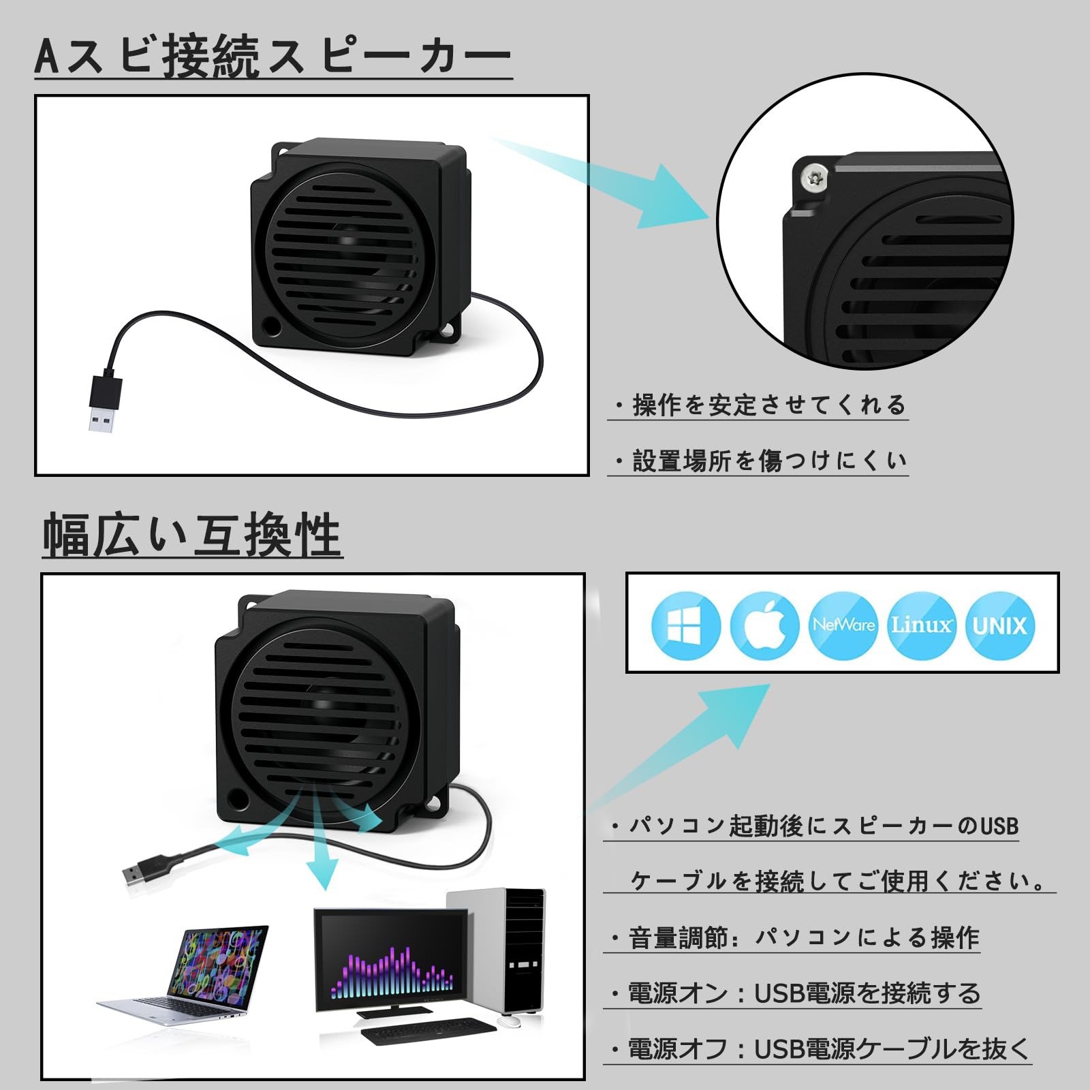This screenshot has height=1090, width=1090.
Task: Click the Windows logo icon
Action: click(685, 625)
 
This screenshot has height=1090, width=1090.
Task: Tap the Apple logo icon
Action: click(764, 625)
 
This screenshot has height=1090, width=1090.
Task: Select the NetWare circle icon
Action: click(843, 625)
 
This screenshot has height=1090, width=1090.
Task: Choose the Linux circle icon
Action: click(921, 625)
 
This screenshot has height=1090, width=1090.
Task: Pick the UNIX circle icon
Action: click(999, 625)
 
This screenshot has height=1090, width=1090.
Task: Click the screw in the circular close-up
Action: click(813, 178)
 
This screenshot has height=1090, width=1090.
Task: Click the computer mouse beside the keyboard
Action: click(509, 1021)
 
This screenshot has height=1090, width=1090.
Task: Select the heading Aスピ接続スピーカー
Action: click(272, 56)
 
